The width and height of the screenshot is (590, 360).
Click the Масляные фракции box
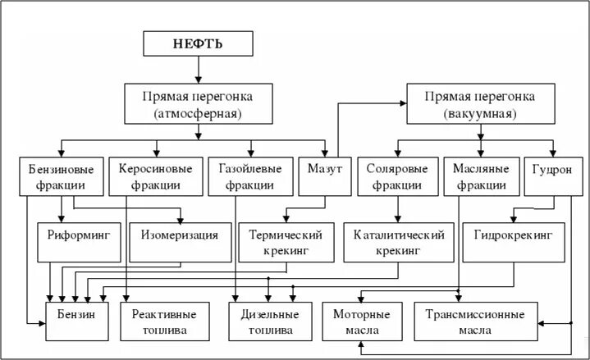(480, 176)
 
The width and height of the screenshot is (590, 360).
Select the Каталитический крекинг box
(399, 242)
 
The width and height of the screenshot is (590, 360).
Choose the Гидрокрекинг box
(513, 235)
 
